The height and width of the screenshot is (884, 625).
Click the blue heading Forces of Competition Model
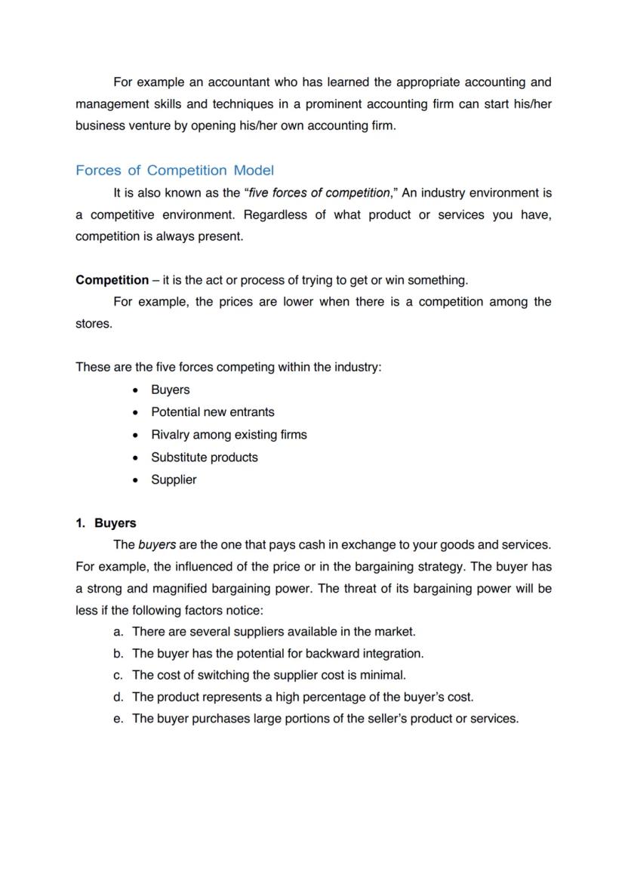[174, 171]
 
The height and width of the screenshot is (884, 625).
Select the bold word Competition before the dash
[112, 280]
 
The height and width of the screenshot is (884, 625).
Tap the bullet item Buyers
[170, 390]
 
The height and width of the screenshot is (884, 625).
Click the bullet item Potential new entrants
[212, 412]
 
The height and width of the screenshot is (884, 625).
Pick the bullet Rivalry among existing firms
[229, 435]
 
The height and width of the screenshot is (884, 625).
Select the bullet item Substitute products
[204, 457]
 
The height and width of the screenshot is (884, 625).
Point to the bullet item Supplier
[174, 480]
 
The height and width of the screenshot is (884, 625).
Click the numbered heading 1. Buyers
[106, 523]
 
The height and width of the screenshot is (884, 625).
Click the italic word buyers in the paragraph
[157, 545]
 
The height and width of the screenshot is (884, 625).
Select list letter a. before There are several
[118, 631]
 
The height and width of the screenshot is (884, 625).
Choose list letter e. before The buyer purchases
[118, 719]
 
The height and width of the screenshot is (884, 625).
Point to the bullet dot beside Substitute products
[135, 458]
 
